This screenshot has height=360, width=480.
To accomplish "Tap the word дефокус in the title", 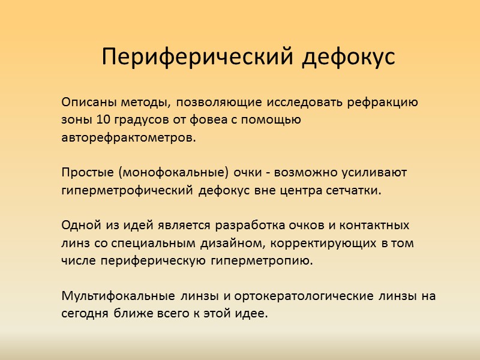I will coord(348,57).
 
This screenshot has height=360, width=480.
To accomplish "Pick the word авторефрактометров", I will coord(128,138).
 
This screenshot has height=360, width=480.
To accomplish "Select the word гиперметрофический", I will coord(127,191).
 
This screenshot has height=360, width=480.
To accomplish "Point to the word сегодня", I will coord(84,314).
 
